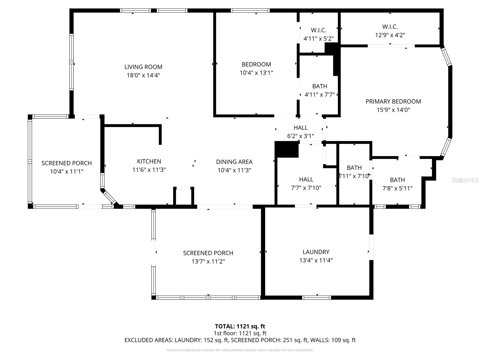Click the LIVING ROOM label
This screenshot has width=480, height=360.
pyautogui.click(x=143, y=67)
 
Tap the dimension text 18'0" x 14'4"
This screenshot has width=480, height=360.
pyautogui.click(x=143, y=75)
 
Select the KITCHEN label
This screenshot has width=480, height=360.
pyautogui.click(x=149, y=161)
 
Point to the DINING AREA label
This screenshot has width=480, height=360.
pyautogui.click(x=234, y=162)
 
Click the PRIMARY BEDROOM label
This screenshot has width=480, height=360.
pyautogui.click(x=393, y=101)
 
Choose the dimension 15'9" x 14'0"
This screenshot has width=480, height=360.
pyautogui.click(x=393, y=110)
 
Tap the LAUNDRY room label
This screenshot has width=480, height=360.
pyautogui.click(x=316, y=252)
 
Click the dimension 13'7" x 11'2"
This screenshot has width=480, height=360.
pyautogui.click(x=208, y=261)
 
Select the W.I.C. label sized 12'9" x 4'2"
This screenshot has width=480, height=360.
pyautogui.click(x=390, y=27)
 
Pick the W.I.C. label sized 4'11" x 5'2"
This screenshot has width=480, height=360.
pyautogui.click(x=319, y=30)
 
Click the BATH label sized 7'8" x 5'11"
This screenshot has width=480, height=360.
pyautogui.click(x=397, y=180)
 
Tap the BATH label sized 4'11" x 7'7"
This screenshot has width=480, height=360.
pyautogui.click(x=319, y=86)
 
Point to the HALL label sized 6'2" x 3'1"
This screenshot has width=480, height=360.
pyautogui.click(x=301, y=128)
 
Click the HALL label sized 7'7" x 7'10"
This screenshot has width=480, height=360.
pyautogui.click(x=306, y=179)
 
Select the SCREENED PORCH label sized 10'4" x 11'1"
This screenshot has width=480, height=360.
pyautogui.click(x=67, y=163)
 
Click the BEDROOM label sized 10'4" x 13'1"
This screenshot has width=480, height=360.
pyautogui.click(x=256, y=64)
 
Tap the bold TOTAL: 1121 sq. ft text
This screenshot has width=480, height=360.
pyautogui.click(x=240, y=326)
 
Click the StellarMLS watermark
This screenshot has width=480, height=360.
pyautogui.click(x=465, y=180)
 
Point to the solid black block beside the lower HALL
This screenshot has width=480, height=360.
pyautogui.click(x=286, y=149)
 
